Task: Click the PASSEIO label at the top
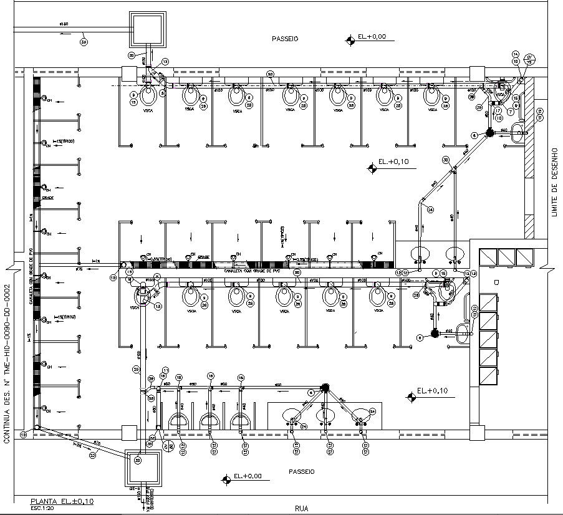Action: [x=285, y=39]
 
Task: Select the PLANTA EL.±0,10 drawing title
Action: [x=62, y=501]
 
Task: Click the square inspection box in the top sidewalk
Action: [x=148, y=29]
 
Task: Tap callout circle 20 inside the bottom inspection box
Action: [x=138, y=460]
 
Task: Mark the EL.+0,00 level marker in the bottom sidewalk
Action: [x=243, y=478]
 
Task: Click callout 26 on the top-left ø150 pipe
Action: [x=84, y=42]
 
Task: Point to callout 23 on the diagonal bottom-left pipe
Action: [x=92, y=456]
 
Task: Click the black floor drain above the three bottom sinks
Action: [x=324, y=387]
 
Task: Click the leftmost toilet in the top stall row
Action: [x=148, y=95]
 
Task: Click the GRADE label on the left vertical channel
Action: [x=49, y=198]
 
